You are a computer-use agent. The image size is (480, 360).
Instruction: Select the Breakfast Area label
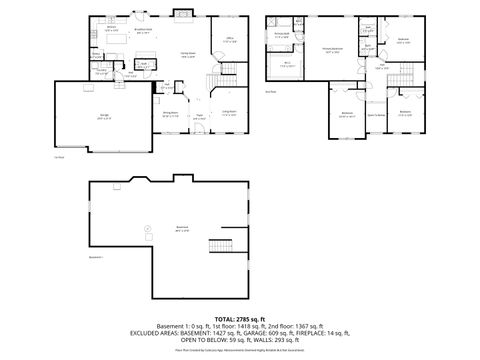143,29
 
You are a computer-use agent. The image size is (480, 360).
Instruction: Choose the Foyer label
199,117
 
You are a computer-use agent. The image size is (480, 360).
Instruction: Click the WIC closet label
287,64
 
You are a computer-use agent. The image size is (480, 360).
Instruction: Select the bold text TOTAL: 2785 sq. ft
239,316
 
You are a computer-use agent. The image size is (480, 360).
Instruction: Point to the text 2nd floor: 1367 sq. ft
310,323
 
